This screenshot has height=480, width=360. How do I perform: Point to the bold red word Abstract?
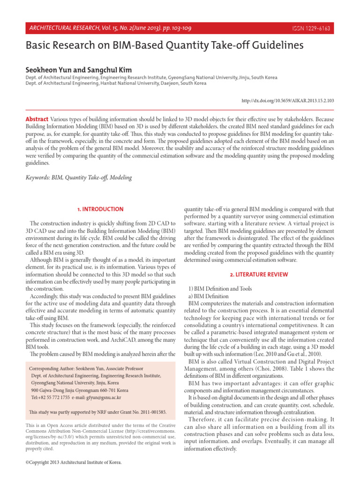click(36, 120)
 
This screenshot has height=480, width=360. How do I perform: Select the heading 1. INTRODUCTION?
click(100, 209)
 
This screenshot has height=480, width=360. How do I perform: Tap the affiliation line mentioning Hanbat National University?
click(109, 83)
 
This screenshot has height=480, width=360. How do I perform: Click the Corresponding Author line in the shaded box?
click(86, 369)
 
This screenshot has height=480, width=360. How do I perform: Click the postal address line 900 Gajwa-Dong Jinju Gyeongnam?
click(79, 390)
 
